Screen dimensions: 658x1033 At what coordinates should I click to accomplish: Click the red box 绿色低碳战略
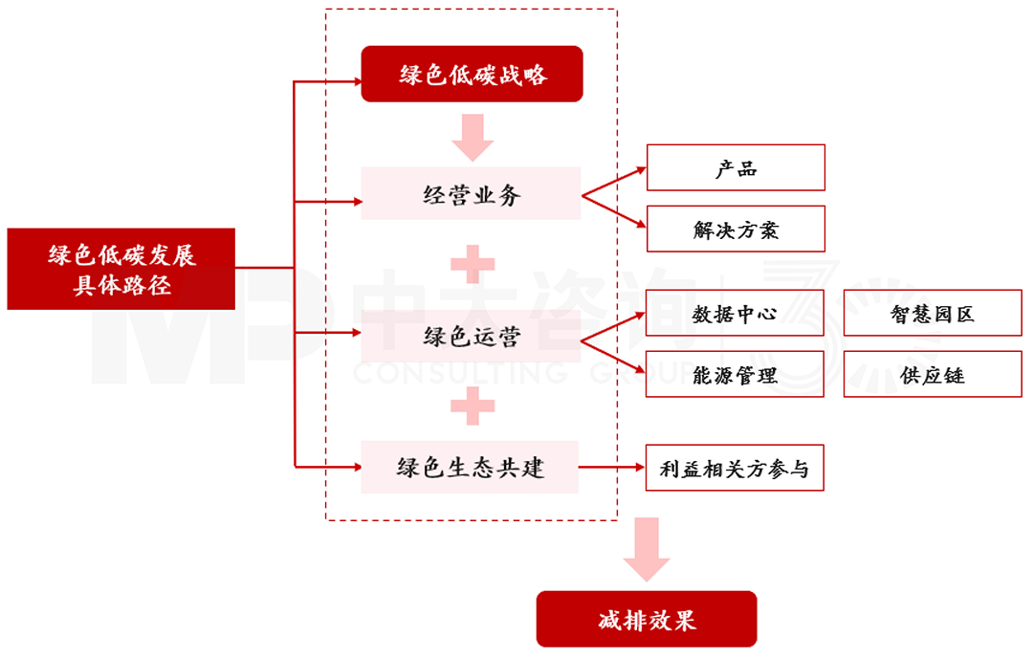click(472, 74)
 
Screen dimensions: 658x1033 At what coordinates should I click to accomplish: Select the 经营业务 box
click(471, 194)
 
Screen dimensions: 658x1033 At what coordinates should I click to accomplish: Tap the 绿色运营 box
click(471, 336)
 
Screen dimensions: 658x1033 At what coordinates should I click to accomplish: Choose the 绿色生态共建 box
click(470, 467)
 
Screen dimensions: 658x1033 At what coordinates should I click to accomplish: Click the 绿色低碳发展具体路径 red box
click(121, 269)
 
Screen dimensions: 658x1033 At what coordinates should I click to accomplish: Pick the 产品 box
click(736, 168)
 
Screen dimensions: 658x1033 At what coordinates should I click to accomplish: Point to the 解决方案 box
click(736, 230)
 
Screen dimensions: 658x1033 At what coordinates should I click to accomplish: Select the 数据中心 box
click(735, 314)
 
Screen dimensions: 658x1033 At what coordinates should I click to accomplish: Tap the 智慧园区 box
click(933, 314)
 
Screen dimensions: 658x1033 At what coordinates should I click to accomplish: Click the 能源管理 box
click(735, 374)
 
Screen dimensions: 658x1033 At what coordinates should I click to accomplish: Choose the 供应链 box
click(933, 374)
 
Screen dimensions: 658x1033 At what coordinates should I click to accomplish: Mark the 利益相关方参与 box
click(735, 469)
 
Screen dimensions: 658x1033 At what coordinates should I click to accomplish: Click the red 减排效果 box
click(647, 619)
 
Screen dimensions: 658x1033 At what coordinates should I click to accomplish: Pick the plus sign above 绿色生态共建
click(473, 406)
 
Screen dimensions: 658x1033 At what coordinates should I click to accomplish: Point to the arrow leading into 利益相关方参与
click(612, 468)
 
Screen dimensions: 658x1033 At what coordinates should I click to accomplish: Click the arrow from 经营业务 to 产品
click(614, 181)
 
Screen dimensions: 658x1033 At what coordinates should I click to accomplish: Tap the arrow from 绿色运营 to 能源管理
click(614, 353)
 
